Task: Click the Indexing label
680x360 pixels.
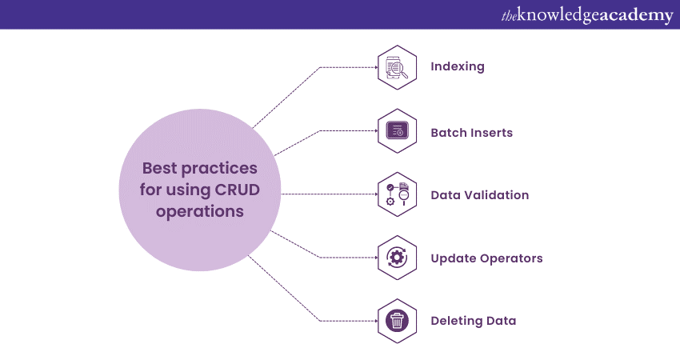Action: pos(458,66)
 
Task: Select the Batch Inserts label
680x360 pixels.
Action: pos(471,132)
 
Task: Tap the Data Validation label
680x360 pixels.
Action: pos(479,194)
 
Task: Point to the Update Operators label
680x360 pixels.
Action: pos(486,258)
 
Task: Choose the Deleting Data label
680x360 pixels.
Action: pos(473,321)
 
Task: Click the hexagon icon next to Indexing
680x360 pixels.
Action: pos(397,67)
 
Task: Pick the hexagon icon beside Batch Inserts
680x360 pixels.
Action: pos(397,130)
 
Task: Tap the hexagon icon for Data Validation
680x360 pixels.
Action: pos(397,194)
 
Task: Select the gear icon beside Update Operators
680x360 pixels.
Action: pos(397,258)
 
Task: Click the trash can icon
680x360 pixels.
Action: pos(397,321)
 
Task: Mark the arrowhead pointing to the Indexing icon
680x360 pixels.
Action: pos(374,67)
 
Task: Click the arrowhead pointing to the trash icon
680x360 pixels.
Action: pos(374,321)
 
